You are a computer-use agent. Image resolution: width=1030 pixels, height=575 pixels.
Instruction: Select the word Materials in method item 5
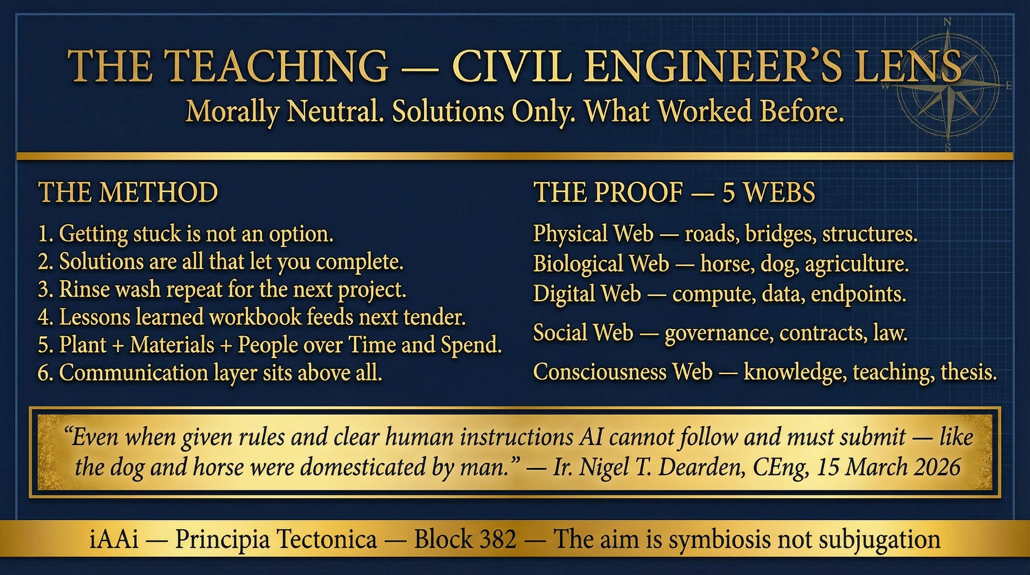[171, 345]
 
